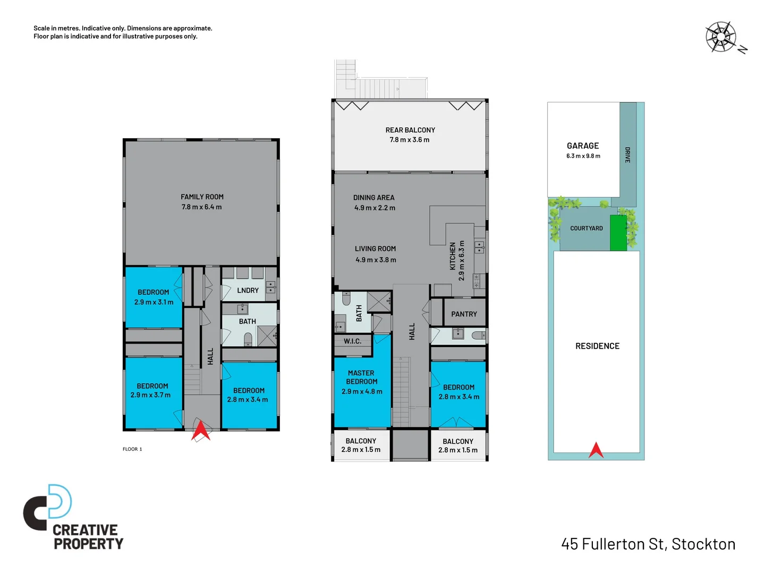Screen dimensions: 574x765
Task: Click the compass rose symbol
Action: tap(720, 37)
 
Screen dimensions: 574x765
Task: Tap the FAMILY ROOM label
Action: tap(202, 197)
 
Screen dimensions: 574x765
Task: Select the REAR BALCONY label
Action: tap(410, 130)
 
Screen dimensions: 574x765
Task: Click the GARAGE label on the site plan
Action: tap(583, 146)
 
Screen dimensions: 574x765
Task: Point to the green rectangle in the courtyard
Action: tap(618, 233)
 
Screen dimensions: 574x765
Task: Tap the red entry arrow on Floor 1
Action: tap(201, 430)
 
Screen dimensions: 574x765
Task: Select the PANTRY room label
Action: tap(464, 314)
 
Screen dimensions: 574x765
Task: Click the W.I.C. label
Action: tap(352, 341)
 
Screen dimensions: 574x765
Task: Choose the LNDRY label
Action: tap(248, 290)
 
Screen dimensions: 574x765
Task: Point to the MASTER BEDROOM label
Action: tap(361, 377)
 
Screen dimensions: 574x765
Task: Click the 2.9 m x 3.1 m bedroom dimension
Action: tap(154, 302)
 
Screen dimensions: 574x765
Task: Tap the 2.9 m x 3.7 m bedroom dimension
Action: tap(150, 395)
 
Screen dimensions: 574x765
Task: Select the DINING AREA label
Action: tap(373, 198)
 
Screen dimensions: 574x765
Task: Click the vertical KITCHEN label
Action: tap(453, 256)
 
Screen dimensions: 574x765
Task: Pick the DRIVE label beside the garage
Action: tap(627, 155)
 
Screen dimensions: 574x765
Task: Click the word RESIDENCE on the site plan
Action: tap(597, 346)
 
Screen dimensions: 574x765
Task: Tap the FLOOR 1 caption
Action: tap(132, 449)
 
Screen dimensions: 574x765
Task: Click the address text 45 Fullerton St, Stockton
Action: tap(648, 544)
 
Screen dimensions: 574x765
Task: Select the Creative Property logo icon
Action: tap(48, 507)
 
